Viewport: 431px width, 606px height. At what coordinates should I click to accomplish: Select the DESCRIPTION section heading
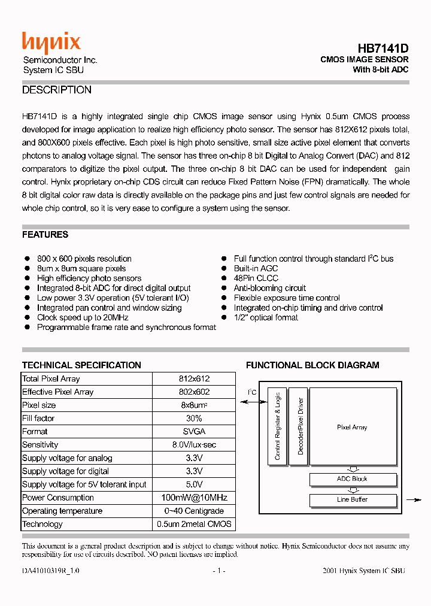tap(57, 90)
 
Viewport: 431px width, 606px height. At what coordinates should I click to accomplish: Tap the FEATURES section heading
tap(45, 235)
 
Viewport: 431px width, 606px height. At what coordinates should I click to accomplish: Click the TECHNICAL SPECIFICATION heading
tap(81, 365)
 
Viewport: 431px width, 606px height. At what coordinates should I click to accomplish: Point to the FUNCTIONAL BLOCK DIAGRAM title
tap(312, 365)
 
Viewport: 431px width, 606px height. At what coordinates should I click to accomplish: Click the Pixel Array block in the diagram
tap(352, 428)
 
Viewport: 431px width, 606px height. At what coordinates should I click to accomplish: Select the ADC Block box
tap(352, 479)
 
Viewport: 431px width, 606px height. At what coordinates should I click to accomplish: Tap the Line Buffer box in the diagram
tap(352, 499)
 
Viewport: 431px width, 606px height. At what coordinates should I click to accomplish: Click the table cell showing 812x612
tap(194, 379)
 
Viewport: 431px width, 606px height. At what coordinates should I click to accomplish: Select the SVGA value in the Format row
tap(194, 432)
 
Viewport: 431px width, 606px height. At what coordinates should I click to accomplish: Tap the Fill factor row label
tap(38, 419)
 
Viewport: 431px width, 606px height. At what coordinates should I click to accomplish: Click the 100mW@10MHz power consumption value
tap(194, 498)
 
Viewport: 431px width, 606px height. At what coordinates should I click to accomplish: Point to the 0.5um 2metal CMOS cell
tap(194, 524)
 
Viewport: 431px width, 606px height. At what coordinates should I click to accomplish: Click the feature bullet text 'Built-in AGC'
tap(256, 269)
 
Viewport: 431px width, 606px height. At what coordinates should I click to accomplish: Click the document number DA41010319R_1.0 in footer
tap(50, 571)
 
